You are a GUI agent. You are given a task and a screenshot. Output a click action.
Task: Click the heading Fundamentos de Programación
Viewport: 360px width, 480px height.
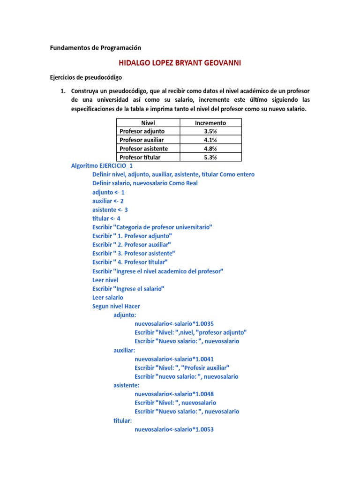(x=95, y=48)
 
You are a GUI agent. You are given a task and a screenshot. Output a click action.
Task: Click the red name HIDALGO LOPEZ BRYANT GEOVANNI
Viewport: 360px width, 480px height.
(x=180, y=63)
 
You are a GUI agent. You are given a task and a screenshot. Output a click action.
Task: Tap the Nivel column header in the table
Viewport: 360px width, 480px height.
(x=148, y=123)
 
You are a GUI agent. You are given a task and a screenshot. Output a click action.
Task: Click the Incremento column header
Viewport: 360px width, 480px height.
(x=210, y=123)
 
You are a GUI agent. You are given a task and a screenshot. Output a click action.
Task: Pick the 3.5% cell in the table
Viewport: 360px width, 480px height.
(x=210, y=131)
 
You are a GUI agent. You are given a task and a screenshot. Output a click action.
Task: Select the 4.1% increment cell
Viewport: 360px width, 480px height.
(x=210, y=140)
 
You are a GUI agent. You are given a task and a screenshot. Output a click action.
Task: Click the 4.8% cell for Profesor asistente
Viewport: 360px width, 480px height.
(x=210, y=149)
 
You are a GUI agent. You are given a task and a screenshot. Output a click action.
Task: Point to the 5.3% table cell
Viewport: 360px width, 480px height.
(x=210, y=157)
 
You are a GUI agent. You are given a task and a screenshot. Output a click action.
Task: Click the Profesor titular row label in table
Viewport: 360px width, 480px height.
(x=140, y=157)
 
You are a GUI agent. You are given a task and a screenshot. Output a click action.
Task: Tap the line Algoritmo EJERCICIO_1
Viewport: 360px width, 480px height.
(x=102, y=166)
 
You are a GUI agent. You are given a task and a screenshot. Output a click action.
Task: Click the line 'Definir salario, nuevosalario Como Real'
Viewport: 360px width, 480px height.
(x=145, y=183)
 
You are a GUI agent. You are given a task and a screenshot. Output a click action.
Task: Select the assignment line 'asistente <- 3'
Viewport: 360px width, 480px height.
(x=110, y=210)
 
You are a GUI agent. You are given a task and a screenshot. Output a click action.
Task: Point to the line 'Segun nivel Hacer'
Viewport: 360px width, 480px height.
(x=116, y=306)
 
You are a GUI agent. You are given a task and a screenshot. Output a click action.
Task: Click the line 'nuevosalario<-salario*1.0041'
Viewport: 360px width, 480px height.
(x=174, y=359)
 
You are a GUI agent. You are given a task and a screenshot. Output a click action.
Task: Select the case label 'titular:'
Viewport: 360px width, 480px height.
(x=122, y=420)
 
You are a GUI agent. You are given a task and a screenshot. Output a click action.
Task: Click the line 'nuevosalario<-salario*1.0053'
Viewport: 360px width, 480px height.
(x=174, y=429)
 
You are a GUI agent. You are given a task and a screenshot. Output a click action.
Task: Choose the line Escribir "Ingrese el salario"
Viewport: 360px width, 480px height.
(x=128, y=289)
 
